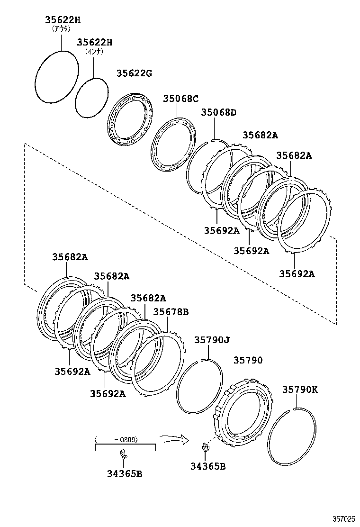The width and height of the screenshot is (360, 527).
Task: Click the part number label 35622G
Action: tap(134, 73)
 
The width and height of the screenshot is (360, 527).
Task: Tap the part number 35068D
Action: tap(218, 112)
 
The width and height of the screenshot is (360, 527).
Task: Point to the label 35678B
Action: tap(171, 311)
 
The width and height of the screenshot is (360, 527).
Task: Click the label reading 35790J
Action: tap(212, 340)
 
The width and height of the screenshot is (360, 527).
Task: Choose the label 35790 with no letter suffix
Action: tap(247, 360)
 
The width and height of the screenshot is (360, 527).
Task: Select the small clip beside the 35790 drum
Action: tap(205, 446)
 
